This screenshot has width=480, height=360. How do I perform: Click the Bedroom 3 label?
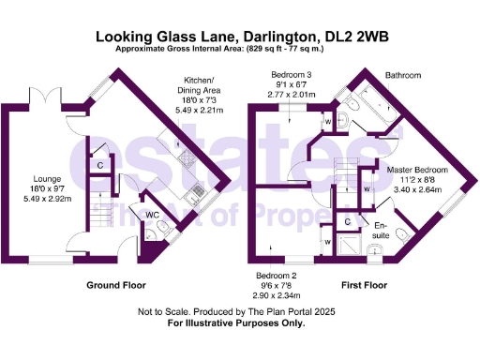(289, 75)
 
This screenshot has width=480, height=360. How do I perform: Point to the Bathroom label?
(403, 75)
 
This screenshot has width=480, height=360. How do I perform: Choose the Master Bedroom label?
(418, 170)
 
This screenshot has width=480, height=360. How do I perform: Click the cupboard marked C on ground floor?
(100, 166)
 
